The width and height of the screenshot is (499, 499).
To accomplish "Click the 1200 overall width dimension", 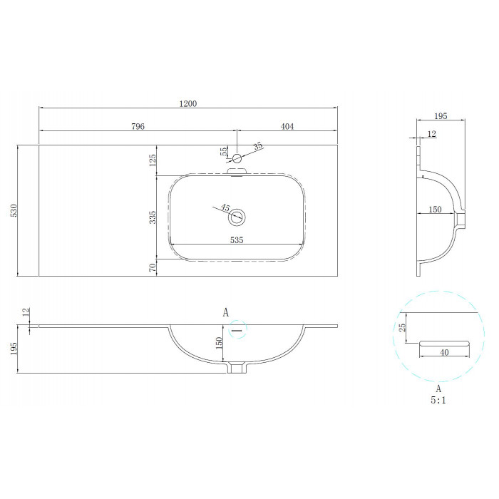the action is pos(188,104).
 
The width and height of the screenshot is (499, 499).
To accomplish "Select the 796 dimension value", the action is pos(138,126).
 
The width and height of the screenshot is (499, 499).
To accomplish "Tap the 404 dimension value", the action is pos(287,126).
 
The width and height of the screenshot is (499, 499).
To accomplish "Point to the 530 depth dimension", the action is pos(14,210).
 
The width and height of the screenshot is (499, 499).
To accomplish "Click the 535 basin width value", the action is pos(237,240).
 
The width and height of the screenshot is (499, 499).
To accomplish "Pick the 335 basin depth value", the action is pos(153,217).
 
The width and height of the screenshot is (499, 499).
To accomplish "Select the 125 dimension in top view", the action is pos(153,160).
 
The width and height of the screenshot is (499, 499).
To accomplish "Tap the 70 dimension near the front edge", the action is pos(153,267).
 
